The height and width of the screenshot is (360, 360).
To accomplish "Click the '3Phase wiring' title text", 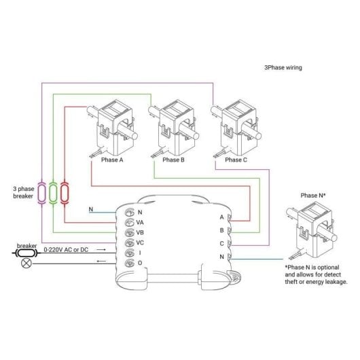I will [x=283, y=68].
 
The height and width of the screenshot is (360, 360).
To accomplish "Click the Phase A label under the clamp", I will [x=111, y=160].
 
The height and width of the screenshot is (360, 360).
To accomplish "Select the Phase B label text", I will [x=173, y=160].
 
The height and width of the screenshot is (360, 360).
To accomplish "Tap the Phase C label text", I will [x=236, y=160].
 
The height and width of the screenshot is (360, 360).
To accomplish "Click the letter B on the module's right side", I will [x=221, y=230].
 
